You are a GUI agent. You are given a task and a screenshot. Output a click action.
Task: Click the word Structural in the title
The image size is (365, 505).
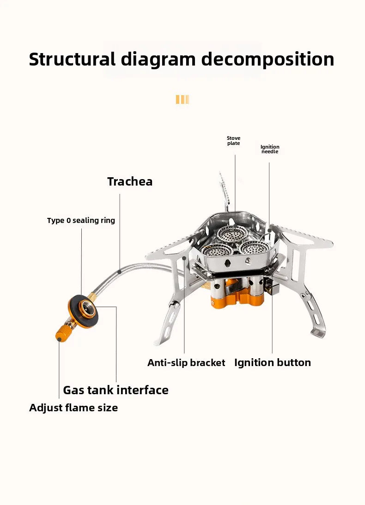click(x=72, y=60)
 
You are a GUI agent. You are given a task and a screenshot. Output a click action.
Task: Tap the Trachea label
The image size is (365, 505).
click(x=130, y=181)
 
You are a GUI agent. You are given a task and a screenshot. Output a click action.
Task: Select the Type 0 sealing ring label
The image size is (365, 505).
click(x=81, y=221)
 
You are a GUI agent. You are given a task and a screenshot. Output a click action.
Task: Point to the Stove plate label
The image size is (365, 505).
click(x=234, y=141)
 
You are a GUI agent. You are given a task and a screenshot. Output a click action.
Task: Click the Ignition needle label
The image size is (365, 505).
click(x=270, y=149)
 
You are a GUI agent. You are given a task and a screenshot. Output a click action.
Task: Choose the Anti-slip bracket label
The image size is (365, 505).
click(x=186, y=363)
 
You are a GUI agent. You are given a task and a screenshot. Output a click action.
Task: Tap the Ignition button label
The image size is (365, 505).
click(x=273, y=362)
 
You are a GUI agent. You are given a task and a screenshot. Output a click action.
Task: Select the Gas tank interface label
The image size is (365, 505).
click(x=116, y=390)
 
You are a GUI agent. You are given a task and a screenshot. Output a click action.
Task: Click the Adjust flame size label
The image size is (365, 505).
click(x=73, y=408)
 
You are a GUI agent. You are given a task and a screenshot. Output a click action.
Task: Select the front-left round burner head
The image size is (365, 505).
click(x=217, y=251)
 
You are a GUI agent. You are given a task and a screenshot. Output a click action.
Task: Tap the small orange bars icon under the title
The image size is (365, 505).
click(x=182, y=99)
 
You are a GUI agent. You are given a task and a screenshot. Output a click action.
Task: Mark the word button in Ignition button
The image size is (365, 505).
click(x=293, y=362)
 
